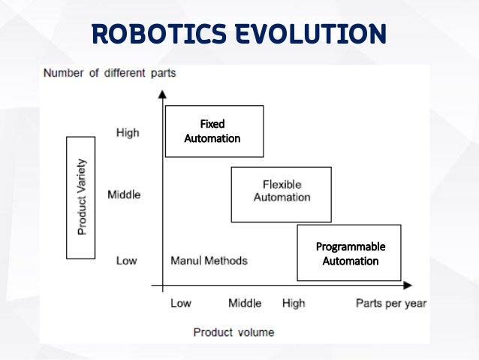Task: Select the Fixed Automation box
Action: [214, 131]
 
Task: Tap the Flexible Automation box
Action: [281, 194]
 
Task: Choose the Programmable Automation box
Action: [349, 253]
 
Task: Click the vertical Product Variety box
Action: [81, 197]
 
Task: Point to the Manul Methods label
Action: [209, 261]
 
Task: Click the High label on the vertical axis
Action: [128, 133]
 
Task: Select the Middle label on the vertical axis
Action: [124, 195]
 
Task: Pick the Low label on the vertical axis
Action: [126, 261]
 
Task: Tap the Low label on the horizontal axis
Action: [181, 303]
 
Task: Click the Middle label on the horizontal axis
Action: [245, 303]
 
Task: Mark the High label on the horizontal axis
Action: [294, 303]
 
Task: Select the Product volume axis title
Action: [233, 331]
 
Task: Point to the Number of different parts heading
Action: [110, 74]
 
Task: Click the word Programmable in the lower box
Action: [350, 247]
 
